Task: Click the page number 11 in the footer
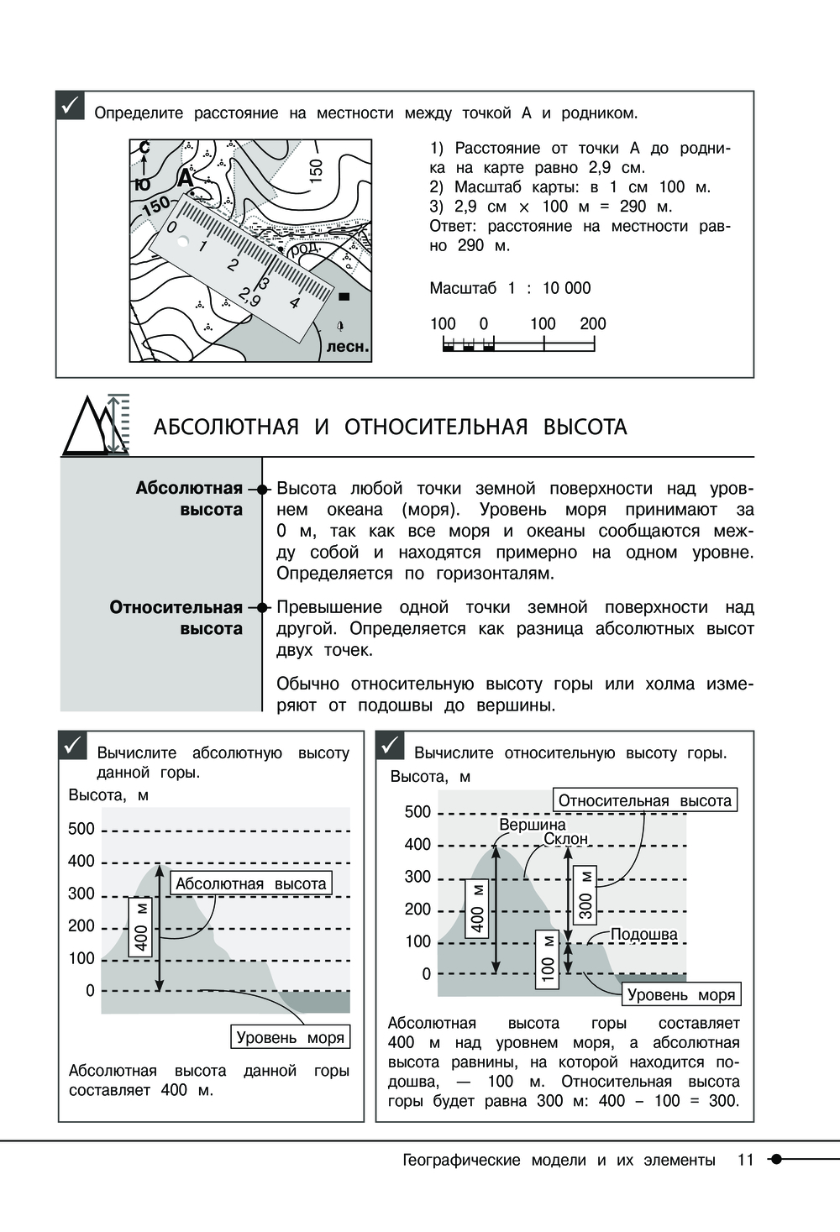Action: coord(745,1160)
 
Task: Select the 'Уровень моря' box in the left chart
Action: coord(290,1037)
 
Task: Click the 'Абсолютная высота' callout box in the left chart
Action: coord(250,883)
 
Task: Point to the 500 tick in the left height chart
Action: coord(81,829)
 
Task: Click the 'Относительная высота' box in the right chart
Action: coord(644,800)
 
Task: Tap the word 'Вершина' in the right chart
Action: coord(533,825)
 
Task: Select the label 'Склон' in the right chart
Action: coord(565,839)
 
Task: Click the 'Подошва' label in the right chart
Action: coord(643,935)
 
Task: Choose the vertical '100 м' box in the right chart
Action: coord(548,958)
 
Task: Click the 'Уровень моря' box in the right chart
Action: coord(681,994)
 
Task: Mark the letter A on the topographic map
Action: coord(185,178)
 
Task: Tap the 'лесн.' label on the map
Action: coord(347,346)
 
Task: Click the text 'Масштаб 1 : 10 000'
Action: coord(510,288)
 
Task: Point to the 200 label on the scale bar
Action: coord(592,323)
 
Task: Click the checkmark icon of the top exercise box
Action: coord(71,106)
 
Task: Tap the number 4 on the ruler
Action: coord(294,302)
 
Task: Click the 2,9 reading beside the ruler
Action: coord(249,297)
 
